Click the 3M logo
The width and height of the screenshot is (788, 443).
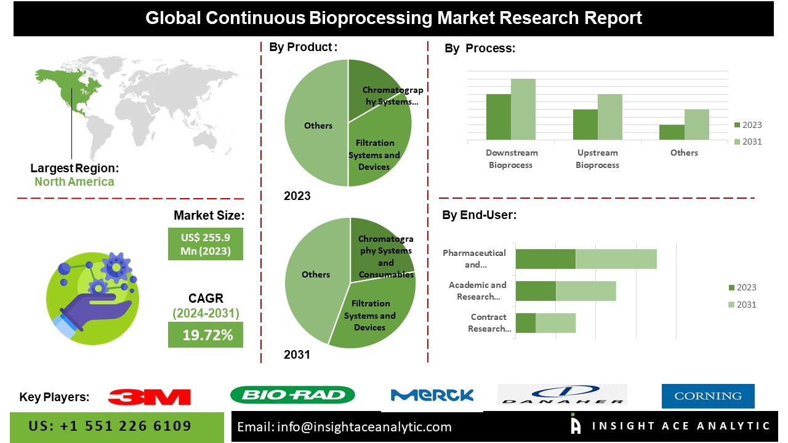[149, 397]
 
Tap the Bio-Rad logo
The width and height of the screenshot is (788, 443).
[292, 395]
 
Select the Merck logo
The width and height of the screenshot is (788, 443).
[432, 396]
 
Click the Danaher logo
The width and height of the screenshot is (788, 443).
[562, 395]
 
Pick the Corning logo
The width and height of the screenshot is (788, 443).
[708, 396]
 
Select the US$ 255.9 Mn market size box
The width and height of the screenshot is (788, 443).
[206, 244]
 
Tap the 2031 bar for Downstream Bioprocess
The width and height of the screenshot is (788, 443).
[523, 109]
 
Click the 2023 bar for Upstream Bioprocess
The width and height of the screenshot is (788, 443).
[585, 124]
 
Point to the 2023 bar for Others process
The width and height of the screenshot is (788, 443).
[672, 132]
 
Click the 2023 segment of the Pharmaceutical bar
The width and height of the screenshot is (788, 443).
[545, 259]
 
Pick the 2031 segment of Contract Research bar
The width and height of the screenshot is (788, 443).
[555, 323]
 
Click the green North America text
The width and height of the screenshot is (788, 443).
[74, 182]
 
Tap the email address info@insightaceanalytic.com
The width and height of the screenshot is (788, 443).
[345, 427]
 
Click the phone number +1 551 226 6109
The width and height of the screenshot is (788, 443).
[110, 426]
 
